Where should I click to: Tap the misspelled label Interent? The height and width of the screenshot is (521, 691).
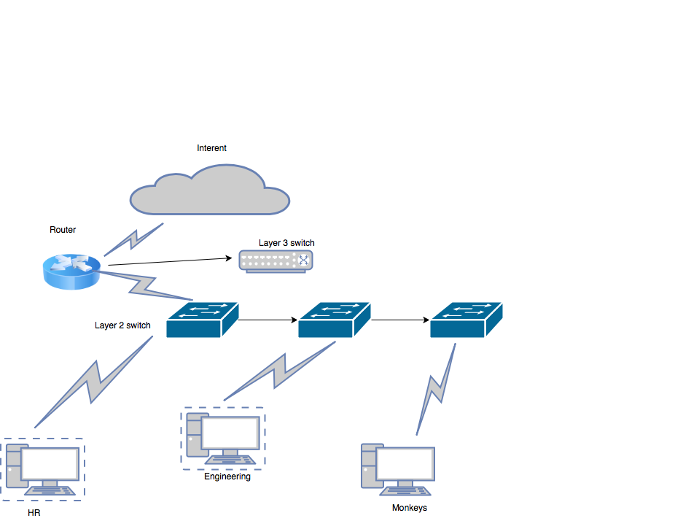[x=211, y=148]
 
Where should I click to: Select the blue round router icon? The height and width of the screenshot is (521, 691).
[x=69, y=272]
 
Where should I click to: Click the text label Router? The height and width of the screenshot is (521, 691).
[x=63, y=230]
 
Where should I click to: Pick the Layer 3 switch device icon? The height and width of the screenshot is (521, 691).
[x=276, y=260]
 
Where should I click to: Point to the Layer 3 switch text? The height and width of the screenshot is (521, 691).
[x=286, y=243]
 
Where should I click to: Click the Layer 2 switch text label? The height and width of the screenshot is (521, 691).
[x=122, y=325]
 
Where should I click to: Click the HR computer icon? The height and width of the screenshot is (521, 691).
[x=43, y=468]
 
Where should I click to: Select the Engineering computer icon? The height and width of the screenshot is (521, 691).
[x=223, y=439]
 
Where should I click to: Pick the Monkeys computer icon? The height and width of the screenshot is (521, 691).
[x=398, y=468]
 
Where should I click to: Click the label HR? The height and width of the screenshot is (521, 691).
[x=34, y=514]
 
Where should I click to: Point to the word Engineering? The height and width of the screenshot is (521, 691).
[x=227, y=476]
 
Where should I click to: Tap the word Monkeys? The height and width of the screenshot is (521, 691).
[x=409, y=508]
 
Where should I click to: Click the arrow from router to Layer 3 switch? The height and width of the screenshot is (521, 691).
[x=168, y=261]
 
